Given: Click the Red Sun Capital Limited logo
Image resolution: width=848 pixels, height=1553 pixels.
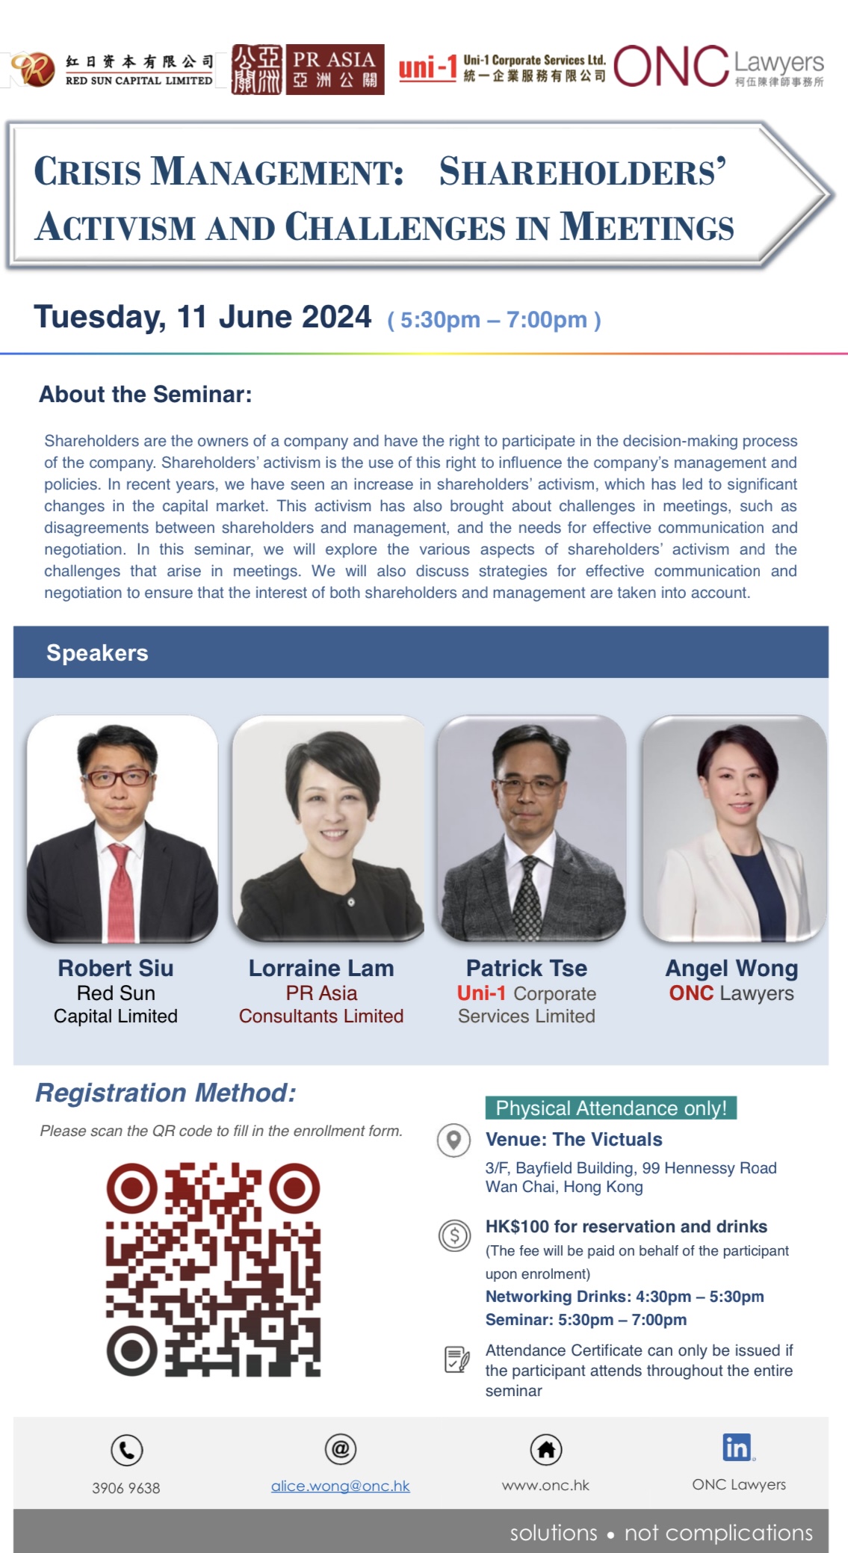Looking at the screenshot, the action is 112,70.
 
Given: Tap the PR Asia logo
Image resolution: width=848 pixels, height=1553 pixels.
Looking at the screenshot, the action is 308,70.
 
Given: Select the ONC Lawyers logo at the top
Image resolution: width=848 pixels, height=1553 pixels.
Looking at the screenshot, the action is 719,67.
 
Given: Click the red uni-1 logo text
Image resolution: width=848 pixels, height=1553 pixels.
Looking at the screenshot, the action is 427,69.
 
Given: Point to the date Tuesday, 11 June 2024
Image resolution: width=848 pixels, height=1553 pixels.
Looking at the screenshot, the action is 202,317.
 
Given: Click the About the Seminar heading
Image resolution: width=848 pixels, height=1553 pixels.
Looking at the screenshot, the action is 146,395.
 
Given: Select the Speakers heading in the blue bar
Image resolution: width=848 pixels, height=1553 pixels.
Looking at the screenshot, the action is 97,653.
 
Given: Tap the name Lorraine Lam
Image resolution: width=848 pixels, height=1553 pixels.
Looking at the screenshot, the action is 321,969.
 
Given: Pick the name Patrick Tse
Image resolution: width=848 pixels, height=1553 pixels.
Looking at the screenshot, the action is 527,969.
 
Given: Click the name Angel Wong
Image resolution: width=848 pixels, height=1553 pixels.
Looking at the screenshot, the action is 732,969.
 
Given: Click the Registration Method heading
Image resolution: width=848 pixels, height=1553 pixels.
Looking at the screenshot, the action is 166,1093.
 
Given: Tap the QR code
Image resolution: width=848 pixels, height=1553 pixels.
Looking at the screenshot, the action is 213,1269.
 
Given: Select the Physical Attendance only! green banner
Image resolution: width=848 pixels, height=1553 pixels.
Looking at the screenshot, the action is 611,1108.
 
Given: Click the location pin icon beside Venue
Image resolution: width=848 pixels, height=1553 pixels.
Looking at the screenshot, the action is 454,1140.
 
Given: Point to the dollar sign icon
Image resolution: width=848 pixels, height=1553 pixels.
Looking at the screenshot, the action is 454,1235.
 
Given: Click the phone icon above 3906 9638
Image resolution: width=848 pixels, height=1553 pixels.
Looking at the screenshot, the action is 126,1450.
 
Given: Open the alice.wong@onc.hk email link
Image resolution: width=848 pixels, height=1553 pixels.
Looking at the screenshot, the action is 341,1486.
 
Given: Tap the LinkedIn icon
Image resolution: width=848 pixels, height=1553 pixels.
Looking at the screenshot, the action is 737,1448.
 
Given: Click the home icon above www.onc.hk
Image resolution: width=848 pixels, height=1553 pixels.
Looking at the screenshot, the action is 546,1450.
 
